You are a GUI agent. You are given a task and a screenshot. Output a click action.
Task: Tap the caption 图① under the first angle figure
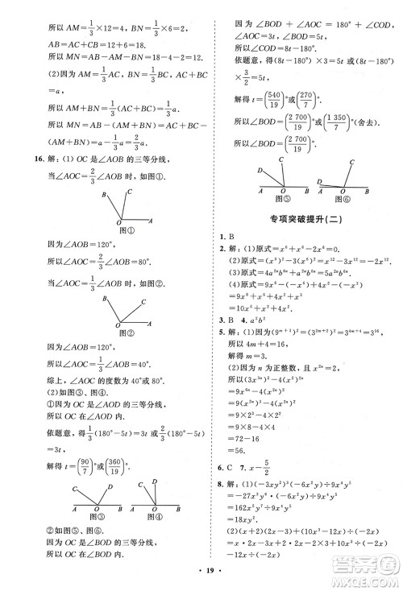(125, 229)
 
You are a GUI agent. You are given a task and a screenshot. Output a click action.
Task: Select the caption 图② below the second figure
(125, 331)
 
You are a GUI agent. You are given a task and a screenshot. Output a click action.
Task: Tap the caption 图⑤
(281, 198)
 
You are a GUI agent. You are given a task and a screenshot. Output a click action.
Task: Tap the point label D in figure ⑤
(259, 172)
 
